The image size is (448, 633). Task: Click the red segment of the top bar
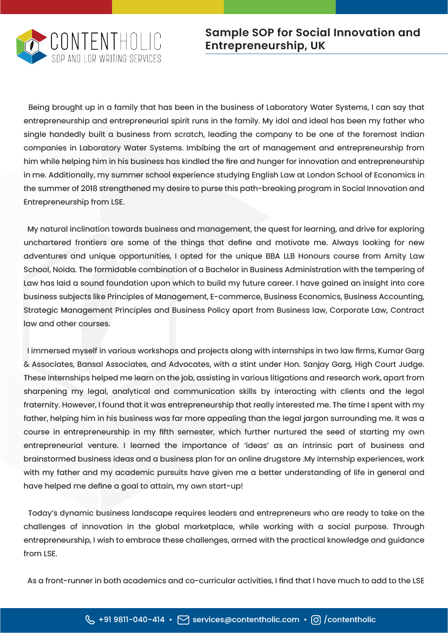(56, 6)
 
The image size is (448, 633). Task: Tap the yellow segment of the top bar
(168, 6)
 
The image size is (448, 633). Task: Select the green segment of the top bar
(280, 6)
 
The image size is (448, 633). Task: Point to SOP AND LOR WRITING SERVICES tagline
(107, 58)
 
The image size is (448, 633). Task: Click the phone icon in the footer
(90, 619)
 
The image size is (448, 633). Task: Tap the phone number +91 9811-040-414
(131, 619)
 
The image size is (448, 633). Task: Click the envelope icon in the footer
(183, 619)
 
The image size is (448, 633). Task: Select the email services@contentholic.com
(246, 619)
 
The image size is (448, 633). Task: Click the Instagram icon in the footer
(317, 619)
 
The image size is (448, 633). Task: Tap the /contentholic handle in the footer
(350, 619)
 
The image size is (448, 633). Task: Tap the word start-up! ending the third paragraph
(224, 486)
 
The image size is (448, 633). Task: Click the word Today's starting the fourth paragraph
(45, 513)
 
